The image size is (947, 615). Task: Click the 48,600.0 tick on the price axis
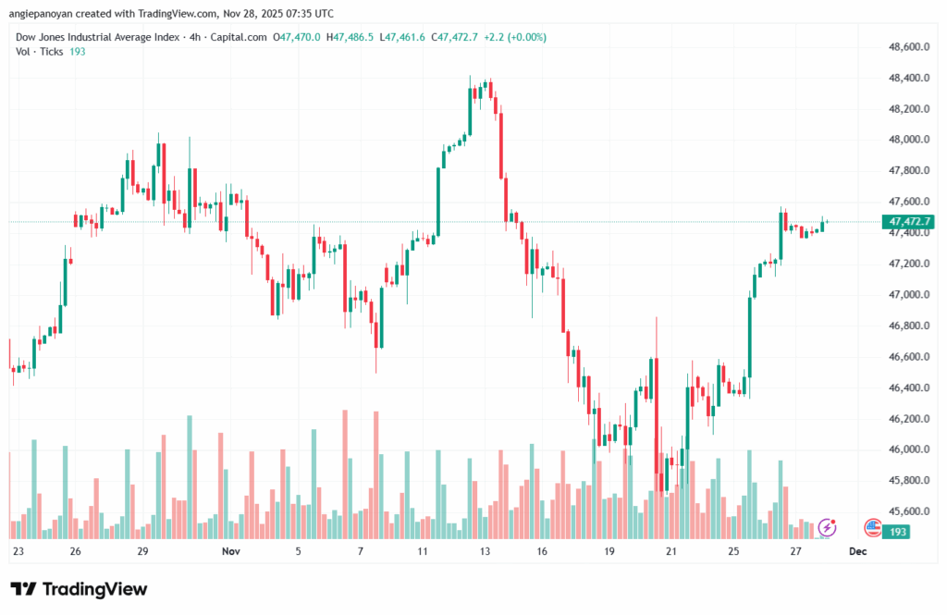click(x=906, y=46)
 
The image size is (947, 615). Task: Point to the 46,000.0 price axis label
click(x=906, y=449)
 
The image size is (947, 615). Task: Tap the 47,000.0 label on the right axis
click(x=906, y=294)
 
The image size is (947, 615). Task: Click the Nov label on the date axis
click(x=231, y=551)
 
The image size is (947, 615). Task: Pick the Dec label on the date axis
click(x=857, y=551)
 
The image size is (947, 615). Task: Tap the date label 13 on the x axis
click(x=484, y=551)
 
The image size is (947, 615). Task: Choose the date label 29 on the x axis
click(x=142, y=551)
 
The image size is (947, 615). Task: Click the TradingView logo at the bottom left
click(x=79, y=589)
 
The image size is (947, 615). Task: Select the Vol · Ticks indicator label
click(x=40, y=51)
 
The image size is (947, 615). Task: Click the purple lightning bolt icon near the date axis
click(x=828, y=527)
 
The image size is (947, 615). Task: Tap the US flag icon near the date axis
click(x=872, y=527)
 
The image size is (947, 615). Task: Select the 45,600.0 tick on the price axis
click(x=906, y=511)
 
